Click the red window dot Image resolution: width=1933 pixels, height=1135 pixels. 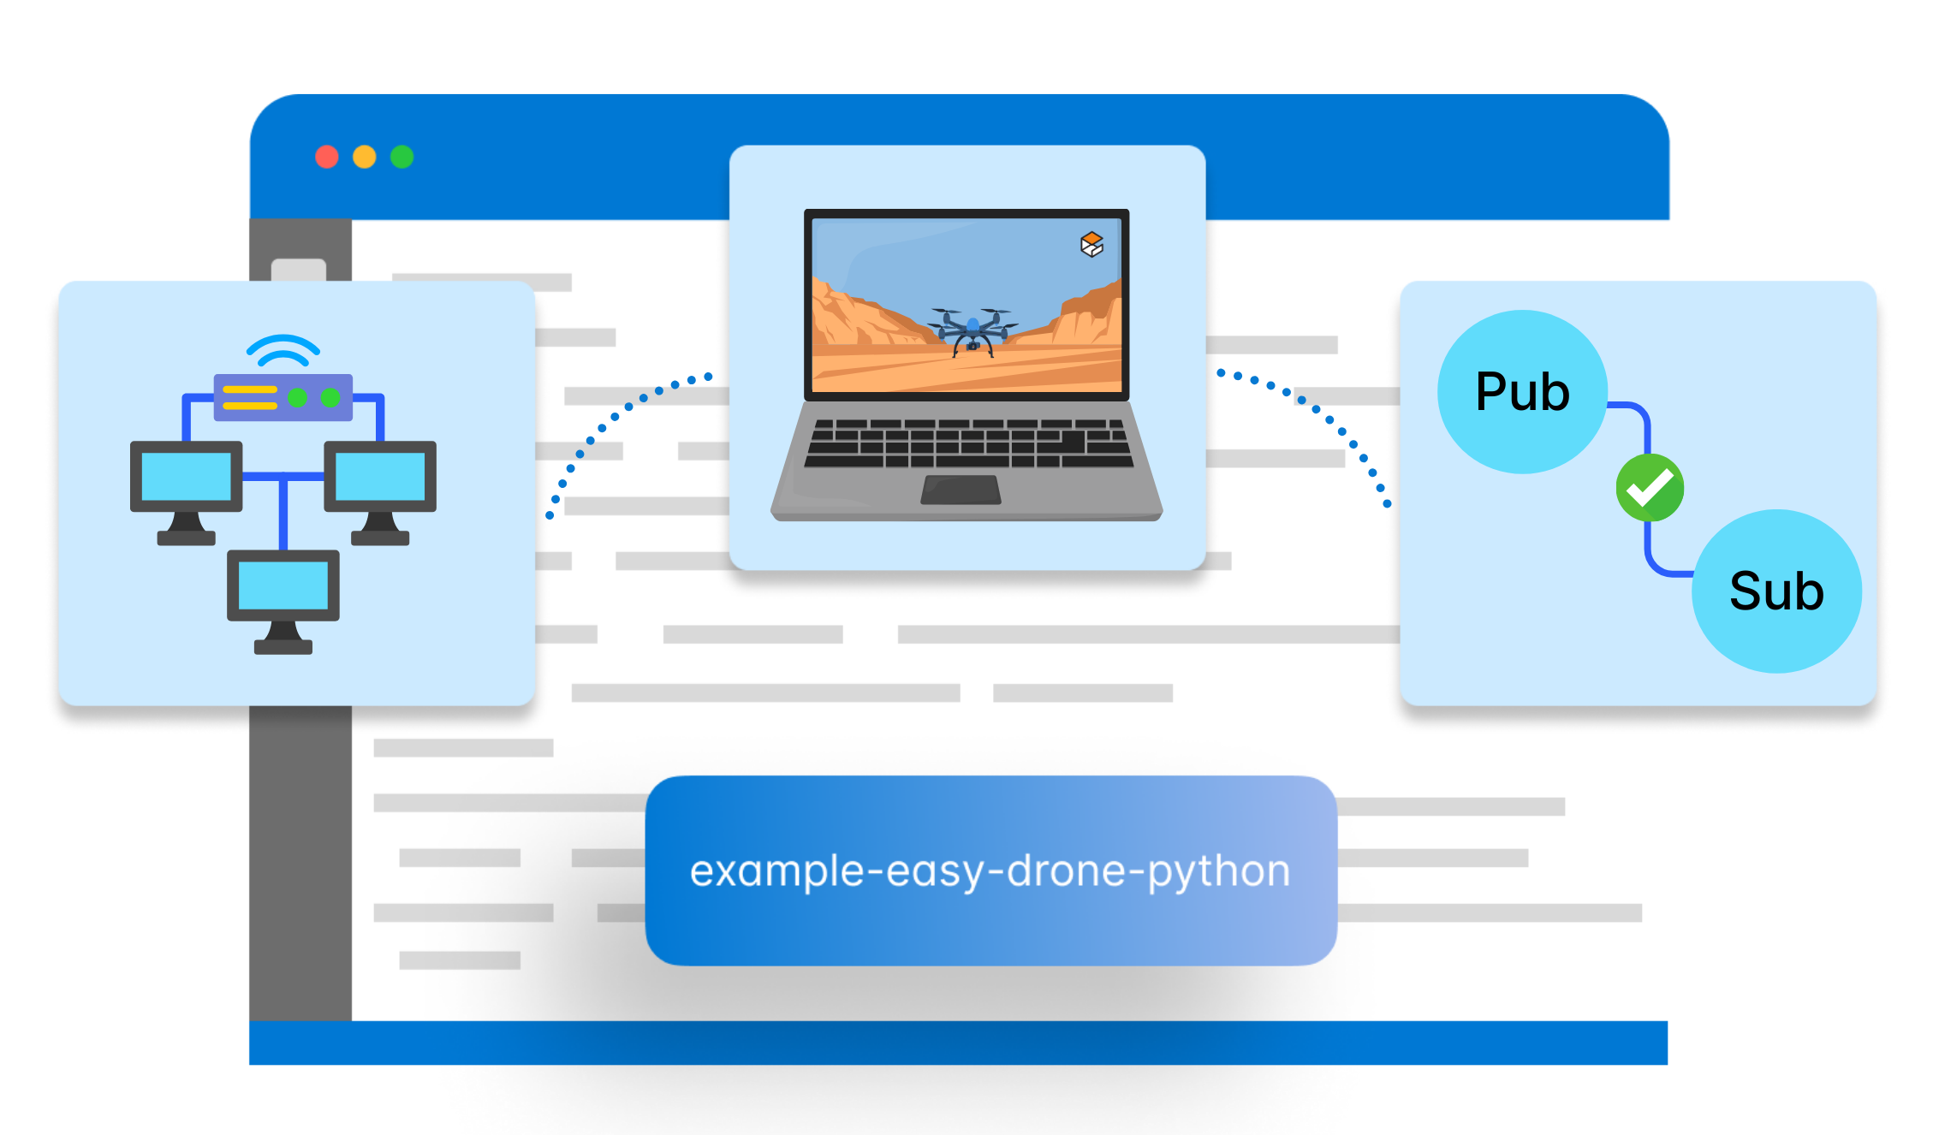click(x=327, y=157)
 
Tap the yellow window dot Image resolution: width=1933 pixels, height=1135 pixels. click(x=365, y=157)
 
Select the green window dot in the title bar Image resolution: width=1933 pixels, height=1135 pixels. click(x=401, y=157)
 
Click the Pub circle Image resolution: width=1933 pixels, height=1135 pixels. click(x=1522, y=392)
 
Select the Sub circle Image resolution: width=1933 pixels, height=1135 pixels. click(x=1776, y=591)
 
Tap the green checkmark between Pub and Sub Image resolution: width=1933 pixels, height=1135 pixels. click(x=1650, y=488)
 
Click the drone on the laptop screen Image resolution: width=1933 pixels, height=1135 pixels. click(x=972, y=330)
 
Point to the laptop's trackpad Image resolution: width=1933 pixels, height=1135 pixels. click(x=961, y=490)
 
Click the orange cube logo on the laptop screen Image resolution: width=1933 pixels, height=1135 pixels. click(x=1091, y=245)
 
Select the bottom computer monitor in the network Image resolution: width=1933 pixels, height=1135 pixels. click(x=283, y=585)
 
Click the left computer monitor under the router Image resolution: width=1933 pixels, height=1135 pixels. click(x=187, y=477)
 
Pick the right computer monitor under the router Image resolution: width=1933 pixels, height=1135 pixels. click(x=380, y=477)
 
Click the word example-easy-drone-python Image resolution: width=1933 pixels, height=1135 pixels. click(x=990, y=871)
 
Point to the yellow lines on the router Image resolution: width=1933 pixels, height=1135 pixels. click(x=250, y=397)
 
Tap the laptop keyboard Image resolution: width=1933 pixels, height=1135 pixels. click(x=968, y=443)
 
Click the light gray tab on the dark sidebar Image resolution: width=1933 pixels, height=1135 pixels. click(x=298, y=269)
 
